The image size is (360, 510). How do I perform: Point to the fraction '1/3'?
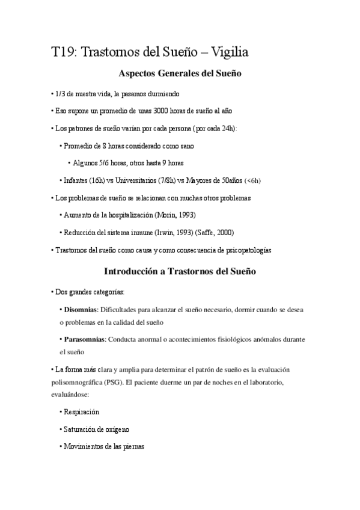[x=59, y=94]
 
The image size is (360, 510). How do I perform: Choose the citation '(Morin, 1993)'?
[x=175, y=215]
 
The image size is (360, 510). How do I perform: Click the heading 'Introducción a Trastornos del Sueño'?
[x=180, y=272]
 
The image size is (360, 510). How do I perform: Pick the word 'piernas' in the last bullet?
[x=132, y=447]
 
